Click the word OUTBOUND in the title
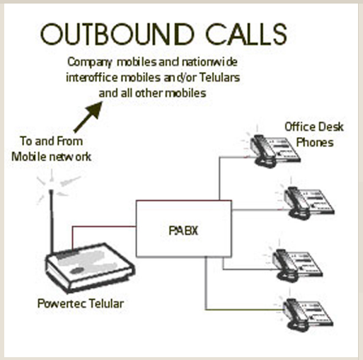[117, 34]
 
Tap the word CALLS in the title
[246, 34]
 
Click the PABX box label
[183, 231]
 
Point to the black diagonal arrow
[88, 117]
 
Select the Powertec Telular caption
[81, 303]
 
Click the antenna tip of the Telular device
[51, 191]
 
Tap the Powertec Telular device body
[90, 268]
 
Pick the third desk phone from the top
[297, 265]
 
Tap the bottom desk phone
[308, 315]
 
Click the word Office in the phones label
[296, 127]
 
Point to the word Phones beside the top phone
[315, 142]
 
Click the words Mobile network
[52, 157]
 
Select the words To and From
[52, 141]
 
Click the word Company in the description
[89, 62]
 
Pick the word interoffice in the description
[92, 77]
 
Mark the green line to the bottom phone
[244, 309]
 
